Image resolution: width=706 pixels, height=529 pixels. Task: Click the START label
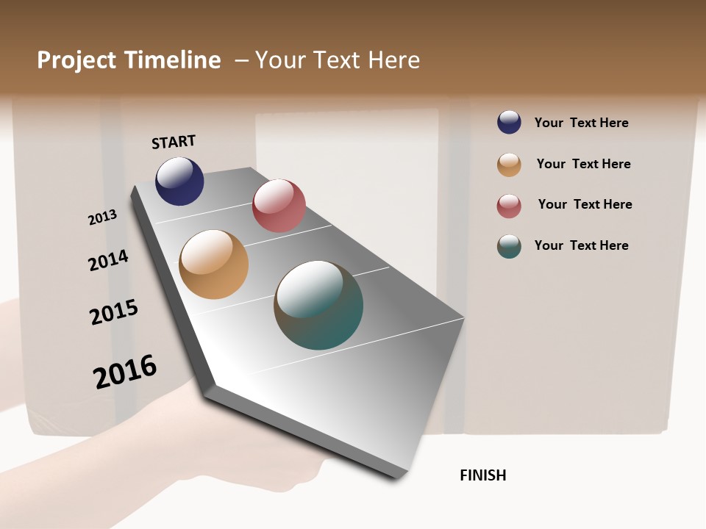[174, 142]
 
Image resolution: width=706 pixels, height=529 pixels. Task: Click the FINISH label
[482, 475]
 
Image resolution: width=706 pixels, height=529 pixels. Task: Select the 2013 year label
[103, 217]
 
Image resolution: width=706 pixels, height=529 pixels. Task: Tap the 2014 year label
[108, 260]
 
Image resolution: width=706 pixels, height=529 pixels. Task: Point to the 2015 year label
[114, 312]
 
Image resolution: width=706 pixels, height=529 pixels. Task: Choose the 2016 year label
[125, 371]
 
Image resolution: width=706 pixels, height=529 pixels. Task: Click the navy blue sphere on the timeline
[179, 181]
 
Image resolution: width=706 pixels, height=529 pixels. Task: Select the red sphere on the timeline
[279, 206]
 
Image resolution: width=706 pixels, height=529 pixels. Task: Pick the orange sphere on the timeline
[213, 264]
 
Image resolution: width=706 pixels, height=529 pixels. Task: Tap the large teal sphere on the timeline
[318, 305]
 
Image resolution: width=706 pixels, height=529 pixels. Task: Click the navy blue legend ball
[509, 122]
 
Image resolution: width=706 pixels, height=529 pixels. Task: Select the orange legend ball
[509, 165]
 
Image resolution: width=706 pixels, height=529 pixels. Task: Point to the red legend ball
[509, 206]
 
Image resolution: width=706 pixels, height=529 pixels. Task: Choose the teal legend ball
[509, 246]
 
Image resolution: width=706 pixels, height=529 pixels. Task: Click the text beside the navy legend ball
[581, 123]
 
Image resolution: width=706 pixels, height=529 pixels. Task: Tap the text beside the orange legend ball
[583, 164]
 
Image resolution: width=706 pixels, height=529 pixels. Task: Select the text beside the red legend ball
[585, 204]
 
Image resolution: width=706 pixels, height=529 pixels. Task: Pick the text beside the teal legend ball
[581, 245]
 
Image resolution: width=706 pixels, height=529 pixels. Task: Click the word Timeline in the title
[172, 60]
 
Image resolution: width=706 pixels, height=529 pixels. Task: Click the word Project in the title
[77, 60]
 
